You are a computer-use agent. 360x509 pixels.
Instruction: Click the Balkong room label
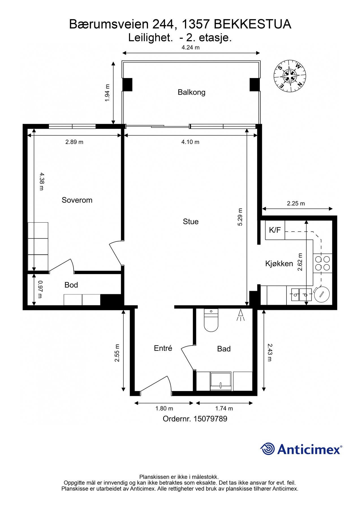click(191, 92)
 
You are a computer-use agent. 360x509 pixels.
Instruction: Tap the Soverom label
click(77, 200)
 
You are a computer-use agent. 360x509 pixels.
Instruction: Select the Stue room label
click(191, 222)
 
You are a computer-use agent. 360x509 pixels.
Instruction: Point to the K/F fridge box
click(275, 230)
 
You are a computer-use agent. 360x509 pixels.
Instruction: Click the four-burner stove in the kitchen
click(322, 263)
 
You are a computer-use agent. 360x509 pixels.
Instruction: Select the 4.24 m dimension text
click(190, 48)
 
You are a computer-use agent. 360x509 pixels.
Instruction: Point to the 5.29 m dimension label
click(240, 217)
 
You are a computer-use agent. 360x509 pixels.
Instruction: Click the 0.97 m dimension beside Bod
click(40, 289)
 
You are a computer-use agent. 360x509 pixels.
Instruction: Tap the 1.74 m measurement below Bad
click(224, 408)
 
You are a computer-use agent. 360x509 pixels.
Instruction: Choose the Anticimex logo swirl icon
click(267, 449)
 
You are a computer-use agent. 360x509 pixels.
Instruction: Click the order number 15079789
click(210, 419)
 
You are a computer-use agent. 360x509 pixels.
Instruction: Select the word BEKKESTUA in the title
click(253, 25)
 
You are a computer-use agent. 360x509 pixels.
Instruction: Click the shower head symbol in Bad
click(241, 315)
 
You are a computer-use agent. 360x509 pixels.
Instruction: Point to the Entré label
click(163, 348)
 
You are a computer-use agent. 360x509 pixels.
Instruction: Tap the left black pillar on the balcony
click(127, 84)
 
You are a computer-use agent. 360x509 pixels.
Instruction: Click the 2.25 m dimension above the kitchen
click(296, 203)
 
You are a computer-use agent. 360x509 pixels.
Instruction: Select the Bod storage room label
click(71, 285)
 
